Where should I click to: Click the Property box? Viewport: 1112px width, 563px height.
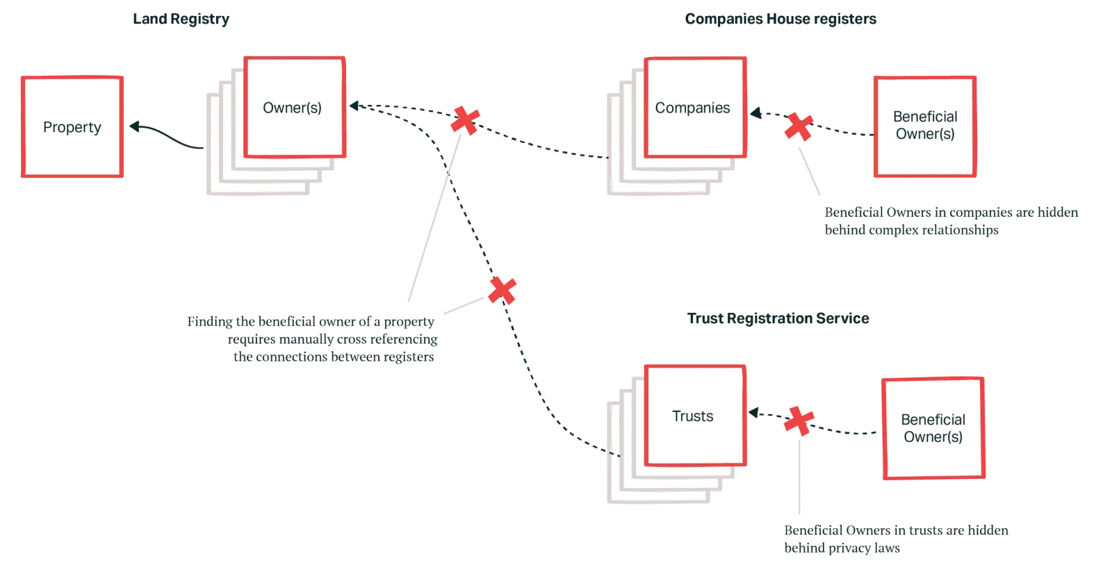click(72, 128)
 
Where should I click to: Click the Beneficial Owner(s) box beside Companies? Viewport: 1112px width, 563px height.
click(925, 127)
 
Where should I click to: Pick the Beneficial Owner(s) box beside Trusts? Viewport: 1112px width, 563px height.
click(933, 428)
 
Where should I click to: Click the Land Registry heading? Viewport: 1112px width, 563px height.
click(181, 19)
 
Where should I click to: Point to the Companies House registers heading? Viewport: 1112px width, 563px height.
click(780, 19)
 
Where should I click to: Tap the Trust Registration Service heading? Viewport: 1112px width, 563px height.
click(778, 319)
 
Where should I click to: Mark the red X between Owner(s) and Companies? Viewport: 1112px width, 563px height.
click(464, 121)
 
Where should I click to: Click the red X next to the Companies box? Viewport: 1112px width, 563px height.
click(798, 127)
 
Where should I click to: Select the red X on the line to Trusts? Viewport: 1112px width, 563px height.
click(502, 290)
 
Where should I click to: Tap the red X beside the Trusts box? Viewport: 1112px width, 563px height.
click(799, 421)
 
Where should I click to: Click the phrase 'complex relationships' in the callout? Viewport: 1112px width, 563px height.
click(928, 230)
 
